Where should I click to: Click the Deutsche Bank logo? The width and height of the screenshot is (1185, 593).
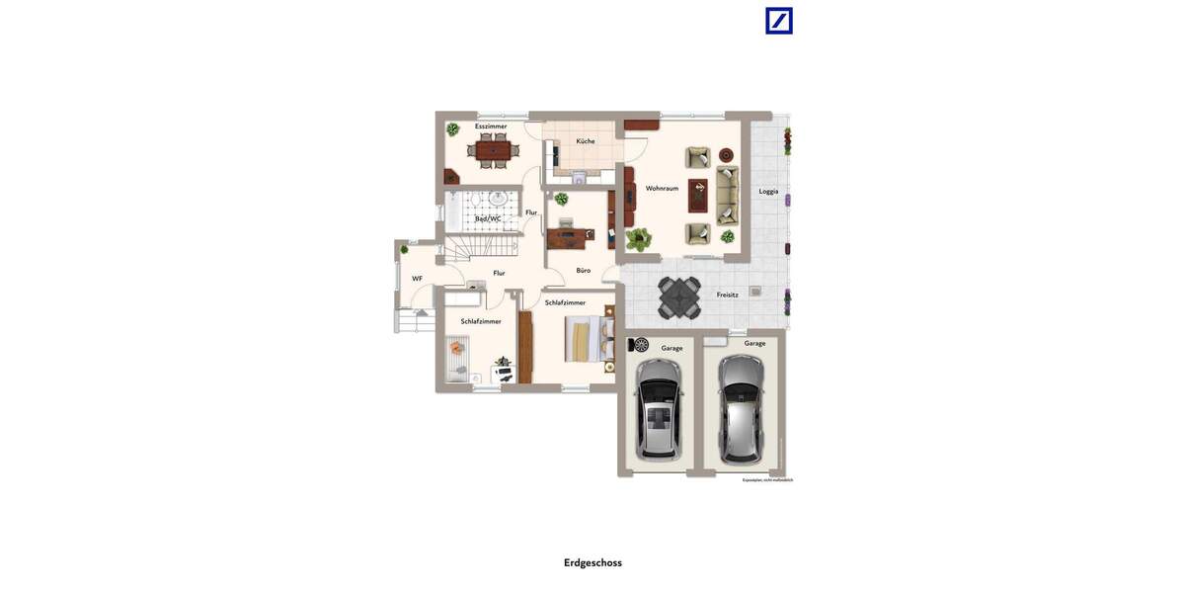coord(779,21)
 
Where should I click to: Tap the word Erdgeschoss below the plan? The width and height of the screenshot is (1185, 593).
coord(592,563)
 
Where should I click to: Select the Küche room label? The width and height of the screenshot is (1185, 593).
coord(586,141)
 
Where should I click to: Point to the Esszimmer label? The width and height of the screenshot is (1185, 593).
coord(491,127)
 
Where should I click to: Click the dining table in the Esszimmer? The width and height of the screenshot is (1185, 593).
coord(493,150)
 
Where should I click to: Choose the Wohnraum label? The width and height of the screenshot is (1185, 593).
coord(662,188)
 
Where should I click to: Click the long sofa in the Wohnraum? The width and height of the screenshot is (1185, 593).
coord(728,195)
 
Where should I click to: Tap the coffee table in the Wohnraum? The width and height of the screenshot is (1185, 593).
coord(698,195)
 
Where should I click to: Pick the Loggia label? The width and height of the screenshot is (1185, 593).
coord(768,191)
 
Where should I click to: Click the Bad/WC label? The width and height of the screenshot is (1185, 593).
coord(489,218)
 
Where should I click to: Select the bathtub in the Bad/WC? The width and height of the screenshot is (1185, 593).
coord(453,212)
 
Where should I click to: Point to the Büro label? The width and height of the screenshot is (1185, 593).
coord(584,270)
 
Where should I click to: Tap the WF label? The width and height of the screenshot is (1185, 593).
coord(417,279)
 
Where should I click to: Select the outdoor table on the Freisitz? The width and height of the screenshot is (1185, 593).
coord(679,296)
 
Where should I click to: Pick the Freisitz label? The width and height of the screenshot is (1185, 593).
coord(728,295)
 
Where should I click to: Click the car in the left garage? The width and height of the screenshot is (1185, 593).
coord(659,408)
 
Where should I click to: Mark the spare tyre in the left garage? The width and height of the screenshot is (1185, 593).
coord(641,345)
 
